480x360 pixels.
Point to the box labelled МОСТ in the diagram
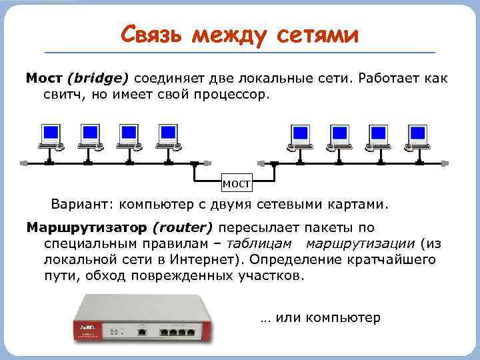236,183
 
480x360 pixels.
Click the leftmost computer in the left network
49,137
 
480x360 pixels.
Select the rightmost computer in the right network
418,137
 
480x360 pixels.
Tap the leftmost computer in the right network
300,137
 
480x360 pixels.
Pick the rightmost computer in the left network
167,137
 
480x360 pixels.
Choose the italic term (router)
182,227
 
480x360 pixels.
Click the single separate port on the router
141,331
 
